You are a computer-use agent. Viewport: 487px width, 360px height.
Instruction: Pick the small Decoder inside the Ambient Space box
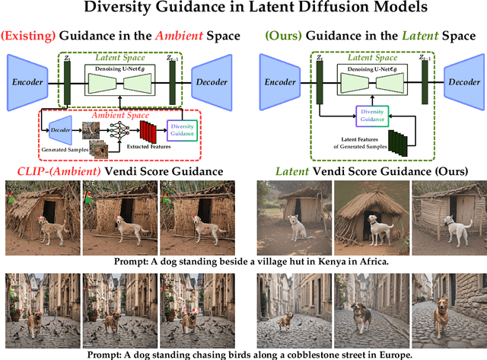(60, 129)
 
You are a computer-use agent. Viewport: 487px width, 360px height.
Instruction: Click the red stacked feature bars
(149, 132)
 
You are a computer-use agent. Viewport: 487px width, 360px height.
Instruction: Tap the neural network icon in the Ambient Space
(121, 128)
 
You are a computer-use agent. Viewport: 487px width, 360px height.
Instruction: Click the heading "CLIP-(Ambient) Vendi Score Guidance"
(113, 171)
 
